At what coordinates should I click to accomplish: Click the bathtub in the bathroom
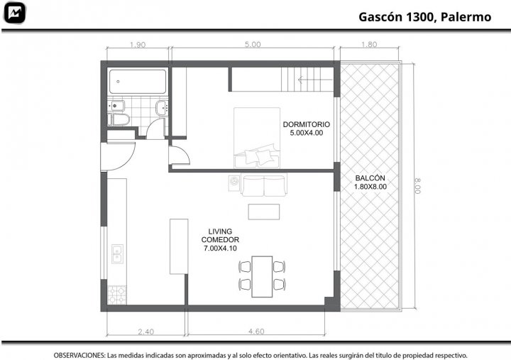coord(138,81)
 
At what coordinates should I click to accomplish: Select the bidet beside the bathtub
coord(116,105)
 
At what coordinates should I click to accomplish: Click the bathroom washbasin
coord(162,108)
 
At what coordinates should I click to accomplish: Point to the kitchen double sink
coord(117,253)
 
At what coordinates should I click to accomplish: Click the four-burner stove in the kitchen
coord(117,295)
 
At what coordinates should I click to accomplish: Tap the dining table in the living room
coord(262,276)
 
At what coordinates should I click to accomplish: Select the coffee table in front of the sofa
coord(263,212)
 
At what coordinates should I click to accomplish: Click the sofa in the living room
coord(263,185)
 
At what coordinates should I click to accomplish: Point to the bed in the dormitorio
coord(257,138)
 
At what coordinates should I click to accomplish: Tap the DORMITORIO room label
coord(307,124)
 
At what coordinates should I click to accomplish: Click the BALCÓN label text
coord(370,178)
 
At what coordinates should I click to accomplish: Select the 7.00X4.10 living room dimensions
coord(220,248)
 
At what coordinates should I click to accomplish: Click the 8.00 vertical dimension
coord(417,186)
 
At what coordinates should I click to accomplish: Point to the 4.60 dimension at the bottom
coord(256,332)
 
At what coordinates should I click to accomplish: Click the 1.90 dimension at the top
coord(138,45)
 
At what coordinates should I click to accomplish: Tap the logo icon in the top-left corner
coord(14,13)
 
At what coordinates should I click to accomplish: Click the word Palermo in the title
coord(466,17)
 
